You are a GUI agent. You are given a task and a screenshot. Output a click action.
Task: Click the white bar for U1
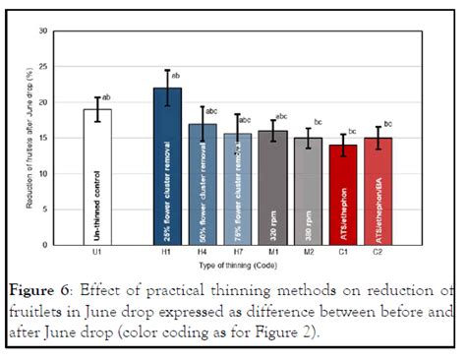[x=96, y=177]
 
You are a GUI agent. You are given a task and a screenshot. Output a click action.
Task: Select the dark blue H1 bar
[x=167, y=167]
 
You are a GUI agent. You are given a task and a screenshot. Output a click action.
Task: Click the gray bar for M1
[x=272, y=187]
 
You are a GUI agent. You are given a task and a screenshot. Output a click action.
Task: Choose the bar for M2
[x=308, y=191]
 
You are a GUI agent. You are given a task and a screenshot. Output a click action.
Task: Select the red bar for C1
[x=342, y=194]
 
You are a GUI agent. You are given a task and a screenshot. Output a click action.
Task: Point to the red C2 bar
[x=378, y=191]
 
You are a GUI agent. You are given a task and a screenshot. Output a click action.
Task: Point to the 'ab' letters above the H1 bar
[x=176, y=75]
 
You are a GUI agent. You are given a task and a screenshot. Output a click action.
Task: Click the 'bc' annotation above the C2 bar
[x=388, y=125]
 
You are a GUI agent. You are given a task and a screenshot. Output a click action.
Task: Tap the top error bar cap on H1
[x=167, y=71]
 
